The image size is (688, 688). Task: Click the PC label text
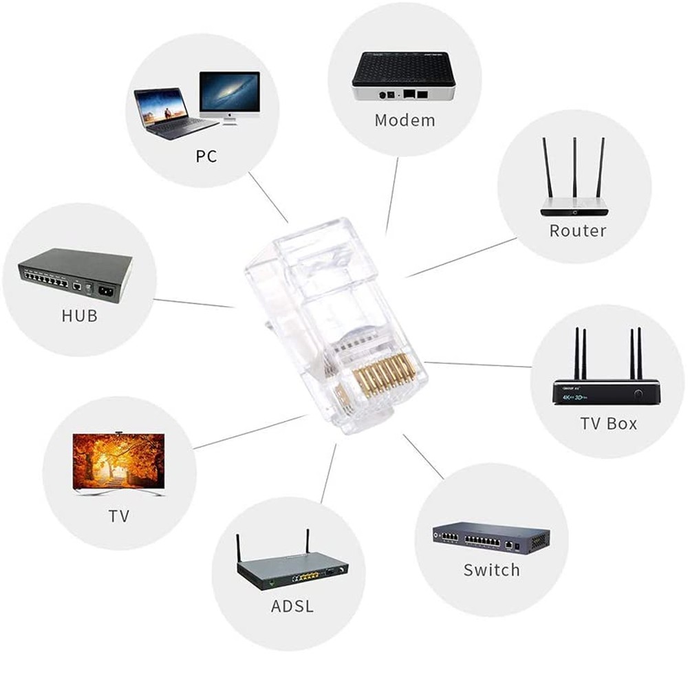(206, 156)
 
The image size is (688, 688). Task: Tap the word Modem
(405, 120)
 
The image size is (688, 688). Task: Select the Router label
(577, 230)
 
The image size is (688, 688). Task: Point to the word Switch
(491, 570)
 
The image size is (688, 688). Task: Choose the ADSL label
(292, 606)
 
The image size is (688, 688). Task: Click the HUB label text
(79, 316)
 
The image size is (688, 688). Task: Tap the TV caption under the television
(119, 516)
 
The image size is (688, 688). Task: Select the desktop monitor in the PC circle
(229, 96)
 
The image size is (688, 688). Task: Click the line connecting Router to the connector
(461, 258)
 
